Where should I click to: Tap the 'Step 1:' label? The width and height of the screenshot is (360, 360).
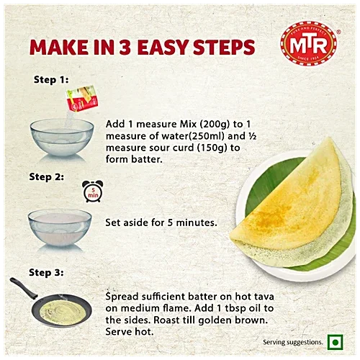click(50, 79)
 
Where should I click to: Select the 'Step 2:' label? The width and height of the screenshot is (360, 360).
click(47, 176)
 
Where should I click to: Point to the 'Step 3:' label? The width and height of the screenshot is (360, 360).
click(47, 272)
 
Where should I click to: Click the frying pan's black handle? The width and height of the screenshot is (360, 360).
click(22, 287)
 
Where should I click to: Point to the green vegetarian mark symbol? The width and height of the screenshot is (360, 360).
click(333, 341)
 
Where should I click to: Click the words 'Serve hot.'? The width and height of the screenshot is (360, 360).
click(129, 332)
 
